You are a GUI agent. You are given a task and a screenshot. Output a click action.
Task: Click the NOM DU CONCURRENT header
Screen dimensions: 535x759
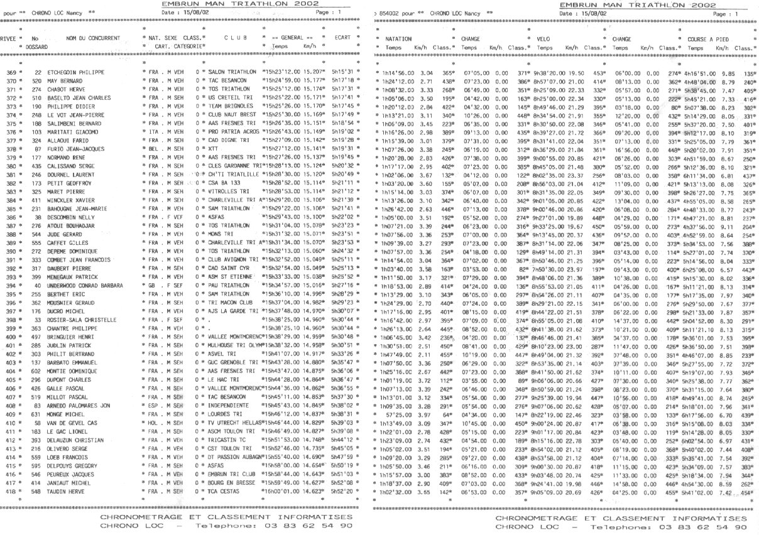[92, 38]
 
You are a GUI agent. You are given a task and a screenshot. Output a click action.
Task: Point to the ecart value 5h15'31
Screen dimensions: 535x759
[344, 73]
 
